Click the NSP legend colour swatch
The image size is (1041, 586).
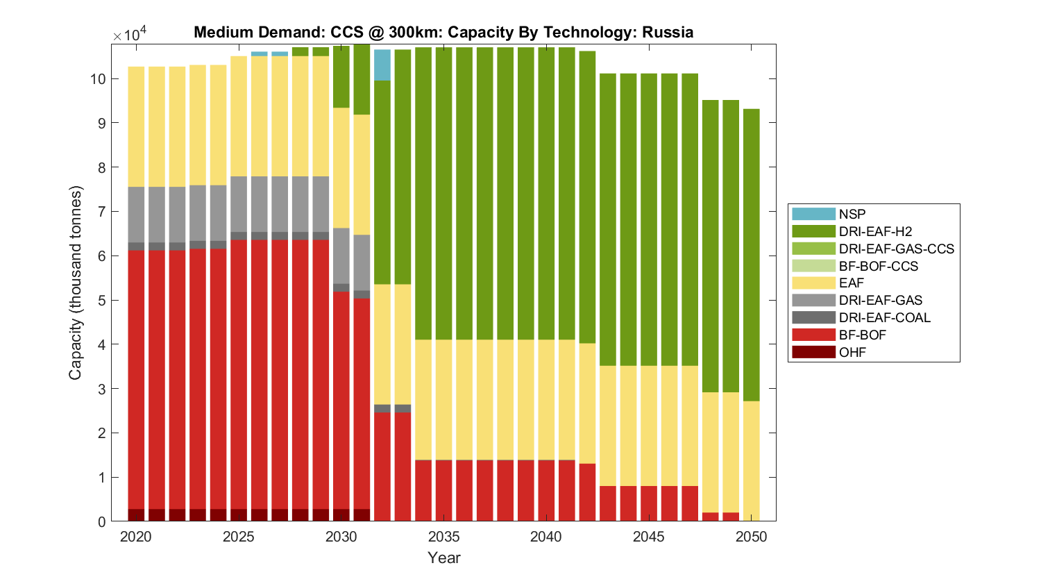(813, 214)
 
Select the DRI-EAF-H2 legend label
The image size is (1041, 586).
(875, 231)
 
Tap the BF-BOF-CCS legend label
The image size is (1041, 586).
(878, 266)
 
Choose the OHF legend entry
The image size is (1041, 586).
(852, 352)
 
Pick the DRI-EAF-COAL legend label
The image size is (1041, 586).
(884, 317)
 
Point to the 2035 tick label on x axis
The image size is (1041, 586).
(444, 537)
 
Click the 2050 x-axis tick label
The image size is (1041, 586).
(752, 537)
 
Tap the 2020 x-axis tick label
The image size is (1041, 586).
(136, 537)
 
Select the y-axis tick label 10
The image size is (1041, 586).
(97, 79)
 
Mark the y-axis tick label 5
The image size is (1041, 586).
(102, 301)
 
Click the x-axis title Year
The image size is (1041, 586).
(444, 558)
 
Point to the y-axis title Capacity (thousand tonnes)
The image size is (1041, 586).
(75, 283)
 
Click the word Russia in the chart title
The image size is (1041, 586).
(668, 32)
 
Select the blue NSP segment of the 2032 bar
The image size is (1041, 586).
(382, 65)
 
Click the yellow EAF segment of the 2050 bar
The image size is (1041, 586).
(752, 460)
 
